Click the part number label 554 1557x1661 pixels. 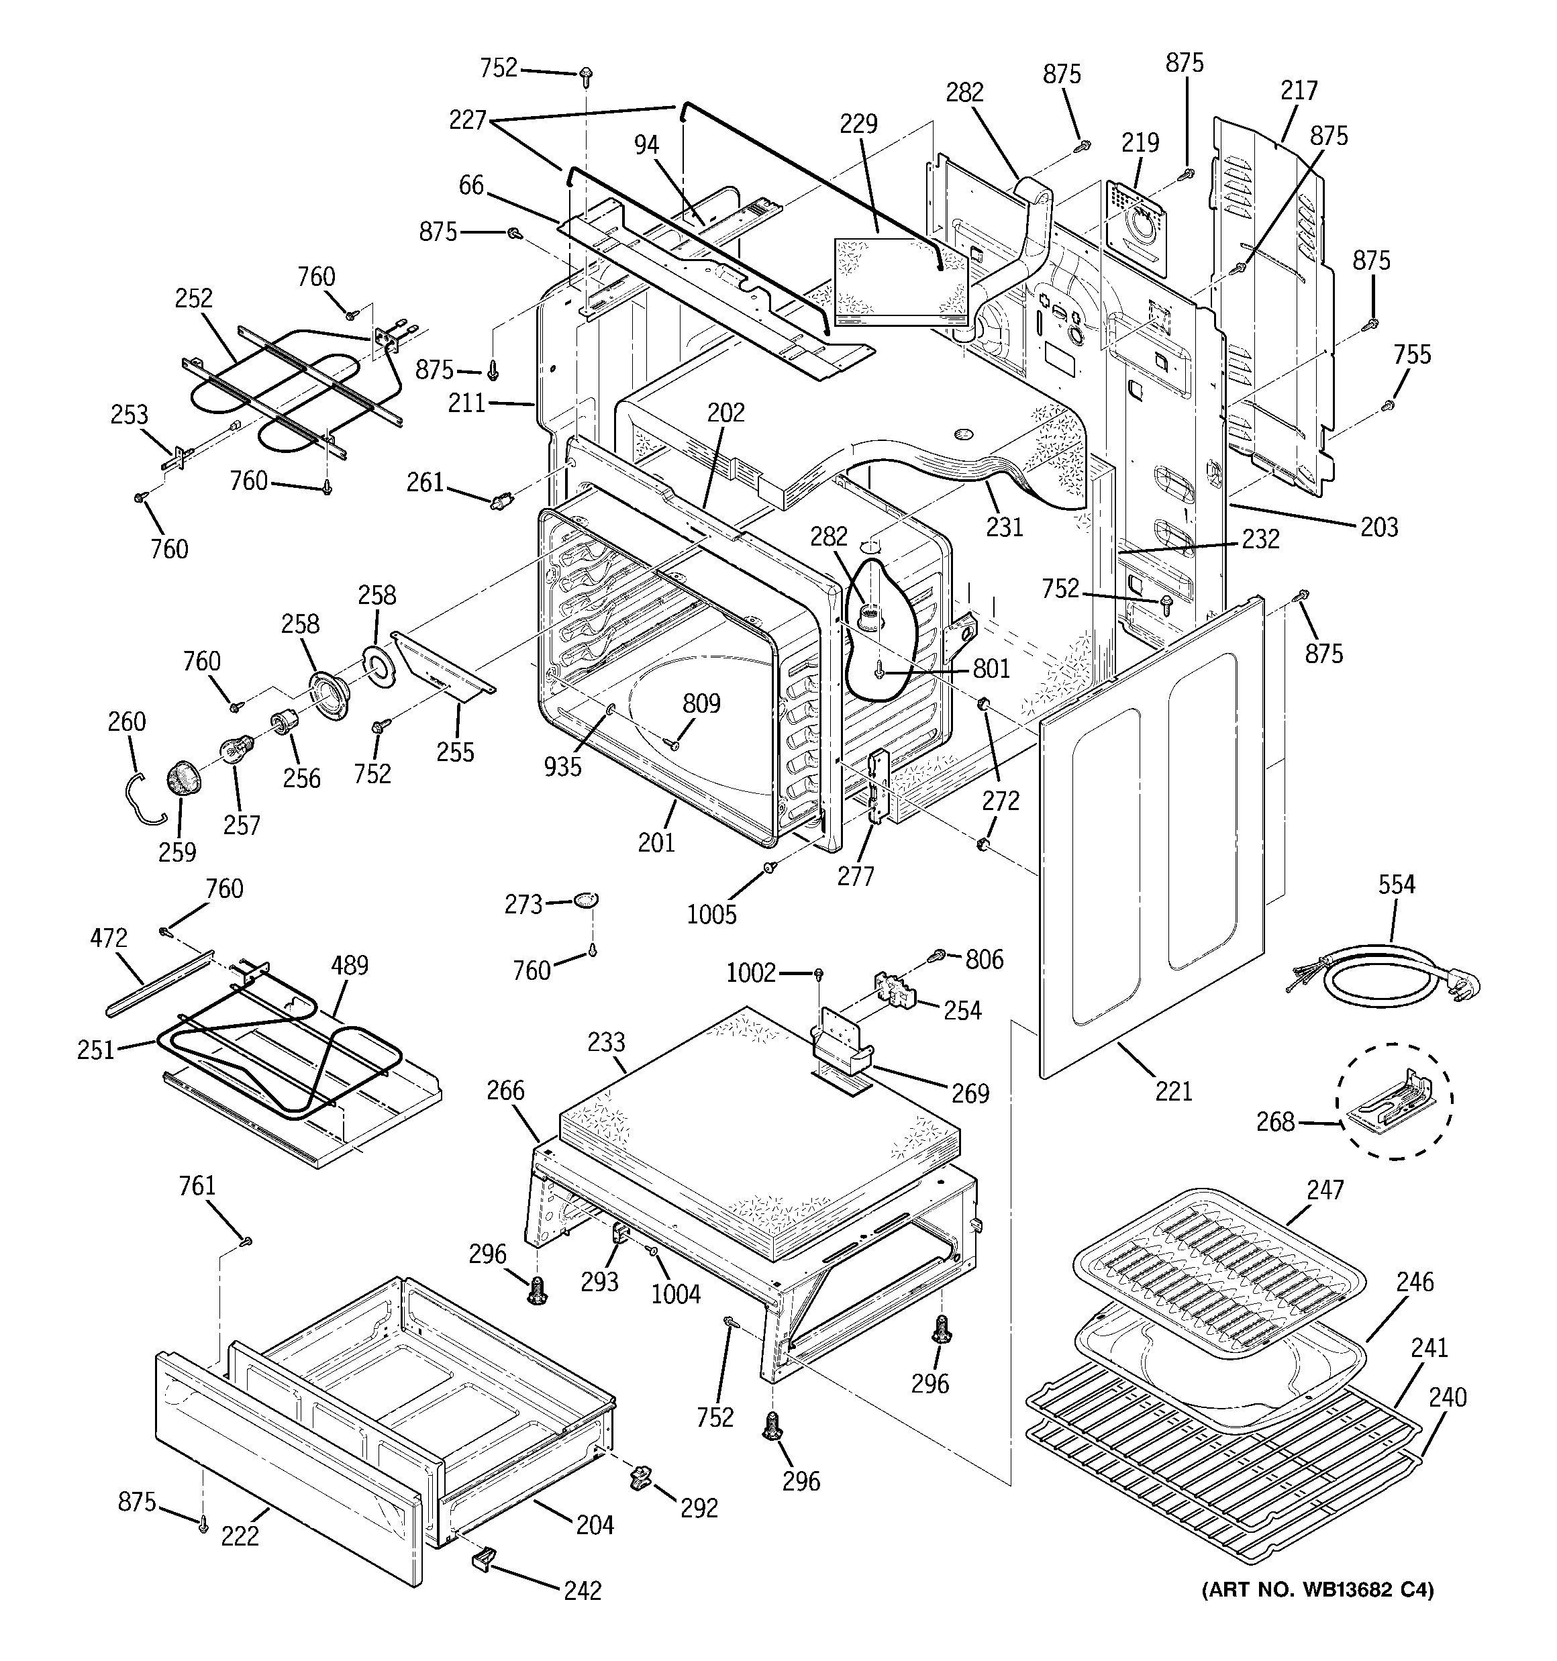pos(1396,884)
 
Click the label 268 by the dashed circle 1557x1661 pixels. pos(1275,1122)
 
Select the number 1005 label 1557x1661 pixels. pos(711,915)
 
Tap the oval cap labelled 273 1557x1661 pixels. pos(587,900)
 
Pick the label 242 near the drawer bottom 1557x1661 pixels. pos(582,1591)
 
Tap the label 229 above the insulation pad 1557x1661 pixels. pos(858,123)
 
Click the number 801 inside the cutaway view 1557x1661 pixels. pos(991,668)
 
